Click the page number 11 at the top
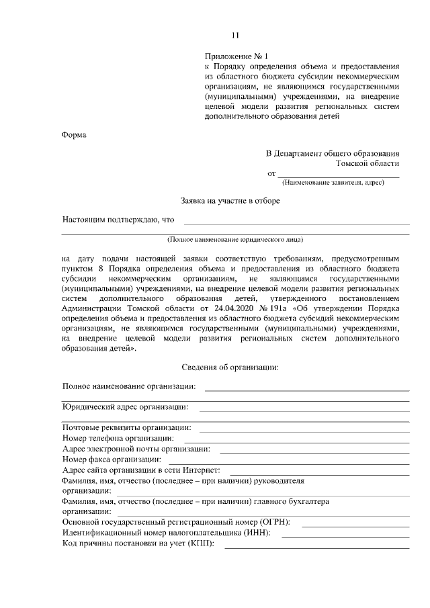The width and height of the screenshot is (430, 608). (x=234, y=36)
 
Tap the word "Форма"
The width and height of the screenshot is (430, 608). (x=74, y=134)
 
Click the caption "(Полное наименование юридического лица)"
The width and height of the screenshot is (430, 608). (x=235, y=239)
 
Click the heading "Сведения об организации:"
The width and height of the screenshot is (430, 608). (x=230, y=367)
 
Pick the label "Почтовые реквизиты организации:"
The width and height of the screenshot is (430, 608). (x=126, y=427)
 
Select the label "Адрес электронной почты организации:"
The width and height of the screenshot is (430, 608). (x=136, y=449)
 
